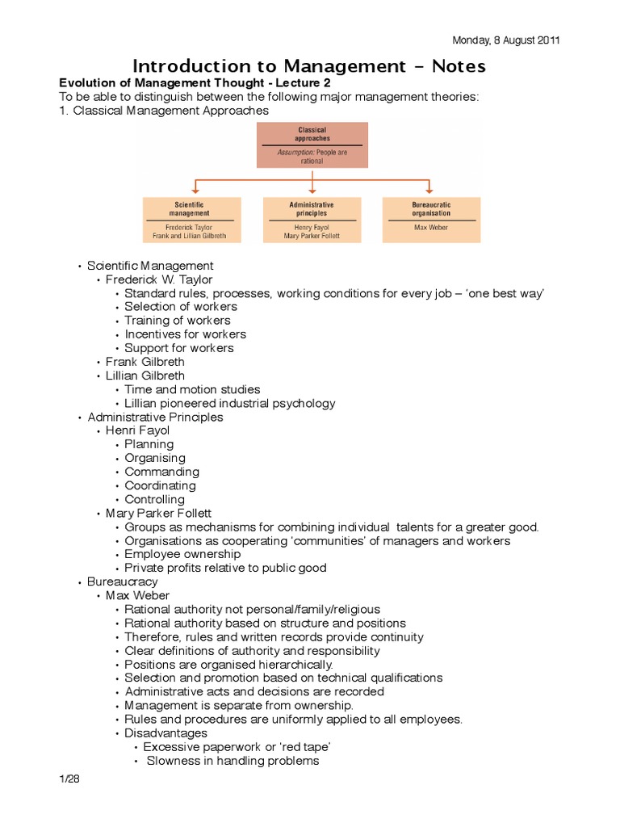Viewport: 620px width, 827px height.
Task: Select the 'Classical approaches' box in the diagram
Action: click(312, 145)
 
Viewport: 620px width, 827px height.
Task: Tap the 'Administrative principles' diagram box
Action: click(312, 219)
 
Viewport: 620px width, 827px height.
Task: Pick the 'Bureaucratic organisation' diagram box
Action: click(431, 219)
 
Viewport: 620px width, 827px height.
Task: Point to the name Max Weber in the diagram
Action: click(431, 228)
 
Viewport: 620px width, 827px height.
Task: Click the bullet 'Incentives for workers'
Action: click(185, 334)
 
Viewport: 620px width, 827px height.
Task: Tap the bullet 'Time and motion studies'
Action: click(192, 389)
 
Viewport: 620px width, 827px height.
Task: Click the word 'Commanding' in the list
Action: click(161, 472)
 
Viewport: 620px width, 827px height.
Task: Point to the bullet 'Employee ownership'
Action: click(182, 554)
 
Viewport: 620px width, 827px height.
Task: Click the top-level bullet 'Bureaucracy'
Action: click(123, 581)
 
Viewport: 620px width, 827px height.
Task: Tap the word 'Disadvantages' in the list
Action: click(165, 733)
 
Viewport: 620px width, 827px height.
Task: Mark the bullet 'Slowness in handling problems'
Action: click(232, 761)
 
